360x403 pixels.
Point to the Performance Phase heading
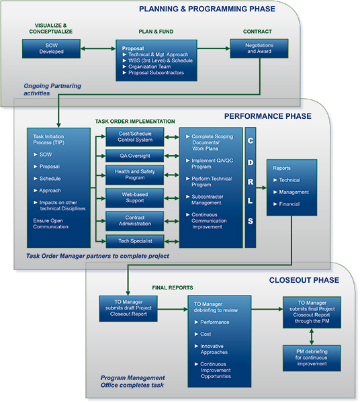click(267, 116)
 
